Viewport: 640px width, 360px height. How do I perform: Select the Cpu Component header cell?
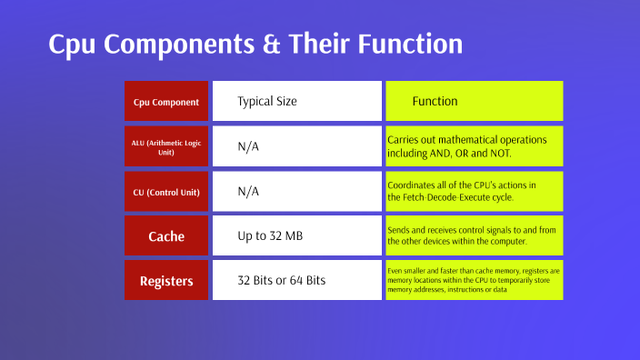166,102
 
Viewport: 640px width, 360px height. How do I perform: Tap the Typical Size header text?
267,102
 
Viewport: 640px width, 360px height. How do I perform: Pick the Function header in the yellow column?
435,102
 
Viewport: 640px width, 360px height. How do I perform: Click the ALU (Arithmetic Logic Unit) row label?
166,147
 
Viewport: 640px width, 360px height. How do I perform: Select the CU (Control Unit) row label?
166,192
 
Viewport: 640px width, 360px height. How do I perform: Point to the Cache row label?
166,236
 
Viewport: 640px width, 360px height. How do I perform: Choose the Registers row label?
166,281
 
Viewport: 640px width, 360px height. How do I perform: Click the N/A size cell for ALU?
248,147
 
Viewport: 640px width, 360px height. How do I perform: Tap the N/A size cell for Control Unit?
248,192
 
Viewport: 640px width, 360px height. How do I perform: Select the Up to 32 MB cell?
269,236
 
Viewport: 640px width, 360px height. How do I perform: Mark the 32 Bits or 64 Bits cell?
281,281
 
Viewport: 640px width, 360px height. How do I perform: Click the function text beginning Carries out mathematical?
467,147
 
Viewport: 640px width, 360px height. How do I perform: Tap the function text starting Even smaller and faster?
473,280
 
